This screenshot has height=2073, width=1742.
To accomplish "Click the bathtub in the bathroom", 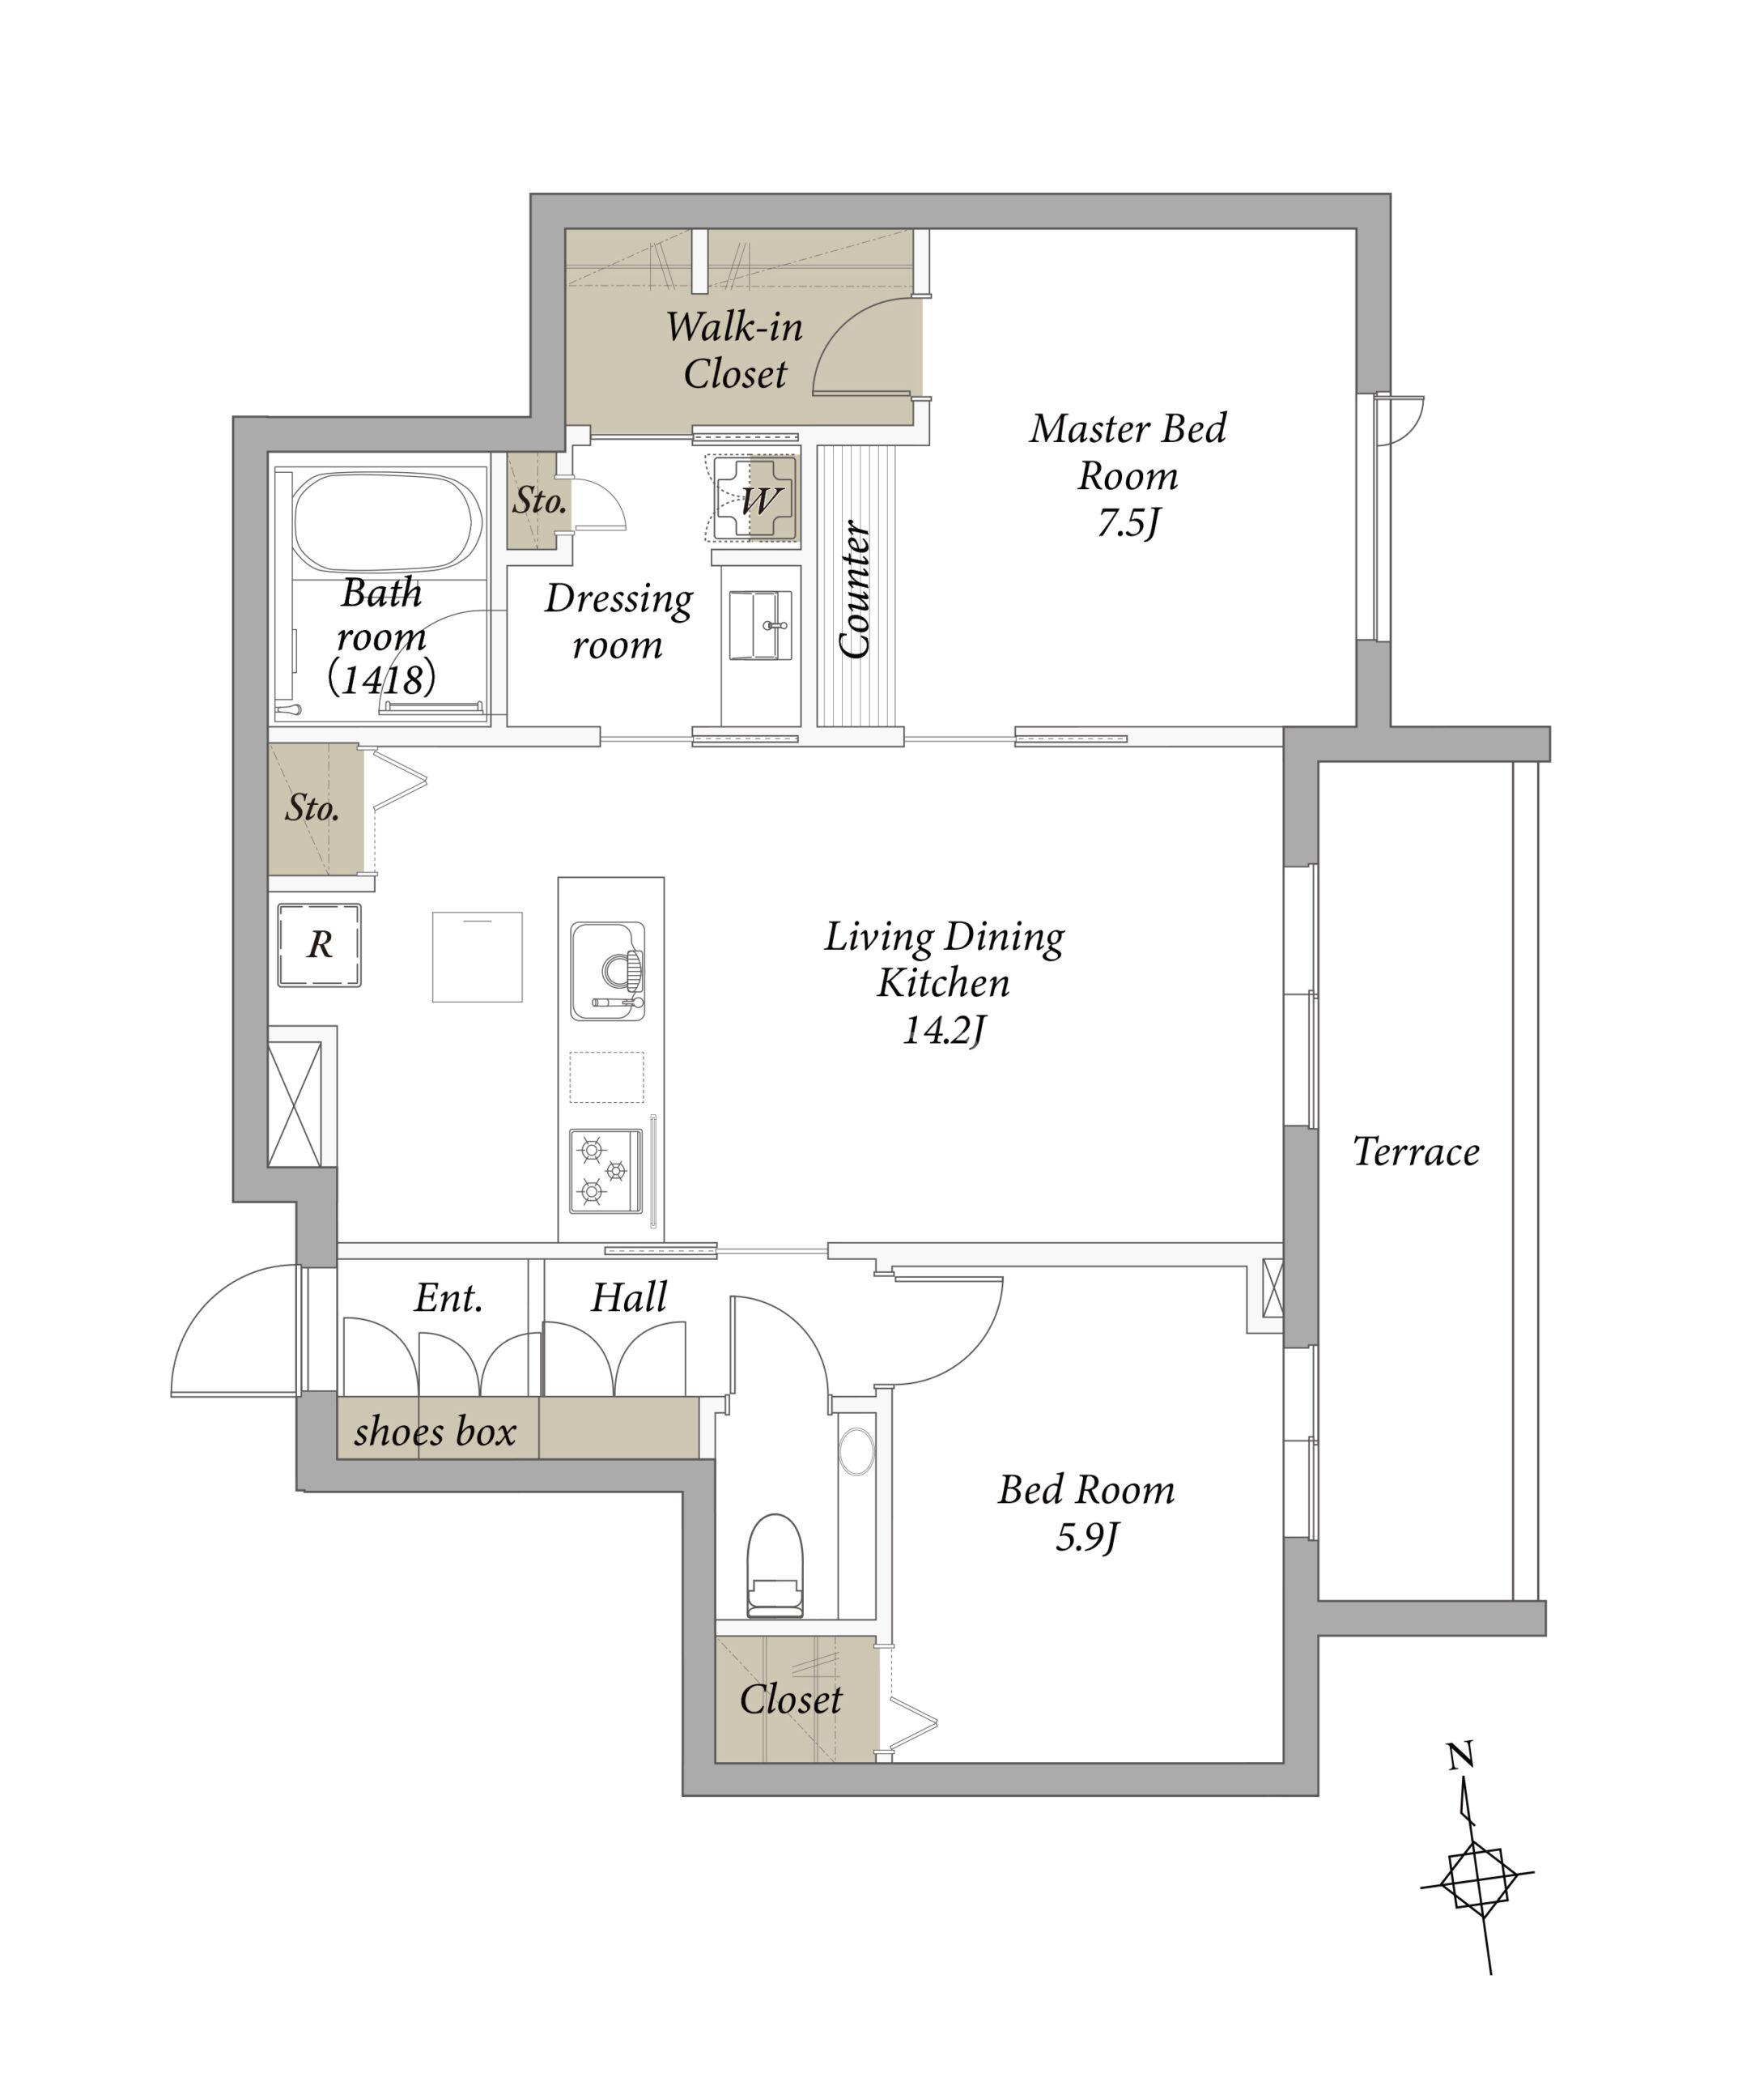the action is click(388, 523).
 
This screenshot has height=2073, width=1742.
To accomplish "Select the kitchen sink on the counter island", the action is click(607, 971).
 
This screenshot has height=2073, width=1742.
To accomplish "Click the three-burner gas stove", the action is click(605, 1173).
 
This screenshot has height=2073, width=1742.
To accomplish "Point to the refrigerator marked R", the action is click(319, 945).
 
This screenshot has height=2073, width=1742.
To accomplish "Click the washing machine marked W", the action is click(755, 499).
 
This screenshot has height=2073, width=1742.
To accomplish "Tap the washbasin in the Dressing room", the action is click(759, 624).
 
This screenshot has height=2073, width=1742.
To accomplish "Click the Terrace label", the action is click(1415, 1151).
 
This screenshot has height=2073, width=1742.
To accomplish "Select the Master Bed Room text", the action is click(1128, 453).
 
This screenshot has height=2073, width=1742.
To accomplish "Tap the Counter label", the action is click(855, 589).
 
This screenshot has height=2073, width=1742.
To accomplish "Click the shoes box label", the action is click(435, 1431).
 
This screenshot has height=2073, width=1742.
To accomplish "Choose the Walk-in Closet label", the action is click(735, 350).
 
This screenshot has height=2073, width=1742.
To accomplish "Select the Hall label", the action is click(629, 1296).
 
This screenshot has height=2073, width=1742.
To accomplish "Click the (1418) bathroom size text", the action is click(381, 679).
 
